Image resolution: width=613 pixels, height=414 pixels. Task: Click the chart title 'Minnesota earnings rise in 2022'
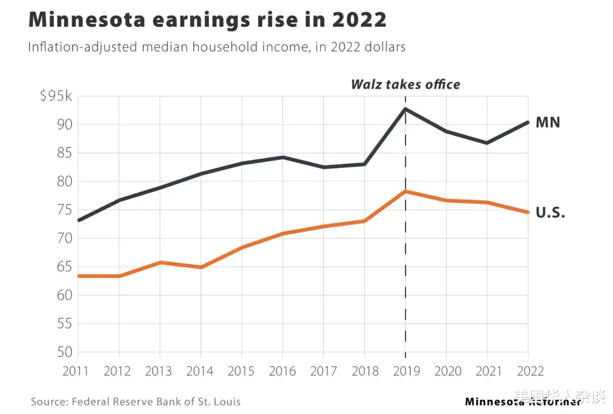click(x=207, y=20)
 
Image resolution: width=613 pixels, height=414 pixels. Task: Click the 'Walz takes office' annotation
click(x=405, y=85)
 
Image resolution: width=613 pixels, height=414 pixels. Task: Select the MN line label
click(x=547, y=122)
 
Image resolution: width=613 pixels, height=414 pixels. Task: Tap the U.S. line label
click(x=550, y=214)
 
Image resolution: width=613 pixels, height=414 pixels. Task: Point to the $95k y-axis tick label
click(x=56, y=96)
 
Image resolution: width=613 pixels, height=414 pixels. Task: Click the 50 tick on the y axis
click(x=64, y=352)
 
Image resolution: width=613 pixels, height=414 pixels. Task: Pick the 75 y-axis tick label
click(x=64, y=210)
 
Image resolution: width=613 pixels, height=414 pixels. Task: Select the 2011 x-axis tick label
click(x=76, y=371)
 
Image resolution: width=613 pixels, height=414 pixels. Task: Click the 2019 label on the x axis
click(x=405, y=371)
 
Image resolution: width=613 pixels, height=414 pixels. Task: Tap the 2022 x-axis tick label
click(x=528, y=371)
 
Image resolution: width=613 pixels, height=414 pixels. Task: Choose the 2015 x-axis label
click(x=241, y=371)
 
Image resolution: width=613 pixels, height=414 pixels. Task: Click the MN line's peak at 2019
click(x=405, y=109)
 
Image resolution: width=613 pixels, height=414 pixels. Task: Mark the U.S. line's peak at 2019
click(x=405, y=192)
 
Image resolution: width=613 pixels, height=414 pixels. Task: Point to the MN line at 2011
click(x=78, y=220)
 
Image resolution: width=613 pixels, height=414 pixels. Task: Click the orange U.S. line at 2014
click(x=200, y=267)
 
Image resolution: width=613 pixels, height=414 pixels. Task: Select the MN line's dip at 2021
click(x=487, y=143)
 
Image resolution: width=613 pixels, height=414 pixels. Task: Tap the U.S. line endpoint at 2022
click(x=528, y=212)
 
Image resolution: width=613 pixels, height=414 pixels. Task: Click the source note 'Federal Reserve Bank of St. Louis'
click(x=156, y=401)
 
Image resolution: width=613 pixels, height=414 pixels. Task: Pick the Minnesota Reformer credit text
click(x=523, y=401)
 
